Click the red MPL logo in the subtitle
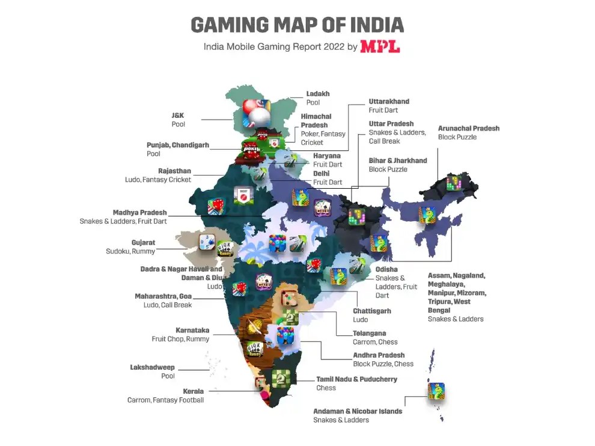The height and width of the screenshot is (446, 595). [x=380, y=46]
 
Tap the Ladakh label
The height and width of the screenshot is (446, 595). [x=318, y=94]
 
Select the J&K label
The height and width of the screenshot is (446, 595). [x=178, y=115]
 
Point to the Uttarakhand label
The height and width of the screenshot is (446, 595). [x=389, y=102]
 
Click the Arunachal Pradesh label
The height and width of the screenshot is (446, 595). [x=469, y=128]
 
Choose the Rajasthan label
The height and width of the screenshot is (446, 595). [x=174, y=171]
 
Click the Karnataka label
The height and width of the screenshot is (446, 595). [x=192, y=330]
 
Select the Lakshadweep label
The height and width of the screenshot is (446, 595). [x=153, y=367]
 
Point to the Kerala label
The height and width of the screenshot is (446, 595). [x=193, y=391]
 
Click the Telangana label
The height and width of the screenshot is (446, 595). [x=370, y=333]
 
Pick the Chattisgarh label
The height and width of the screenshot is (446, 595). [x=372, y=311]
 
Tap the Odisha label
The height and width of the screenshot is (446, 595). [x=386, y=270]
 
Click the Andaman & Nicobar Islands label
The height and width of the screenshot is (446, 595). [x=358, y=411]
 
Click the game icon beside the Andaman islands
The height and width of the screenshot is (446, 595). [x=436, y=392]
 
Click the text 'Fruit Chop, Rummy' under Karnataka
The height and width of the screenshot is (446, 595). [x=180, y=339]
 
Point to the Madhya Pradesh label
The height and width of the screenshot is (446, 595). [x=139, y=213]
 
